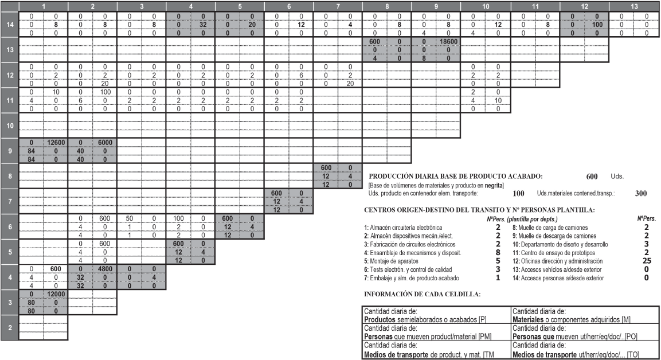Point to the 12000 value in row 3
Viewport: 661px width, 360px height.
click(x=56, y=295)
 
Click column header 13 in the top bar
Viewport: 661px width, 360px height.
click(x=633, y=5)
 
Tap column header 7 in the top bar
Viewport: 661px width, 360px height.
click(x=338, y=5)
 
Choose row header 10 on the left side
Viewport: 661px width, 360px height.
click(x=9, y=125)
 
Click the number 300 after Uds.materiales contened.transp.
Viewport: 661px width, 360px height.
click(x=641, y=194)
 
